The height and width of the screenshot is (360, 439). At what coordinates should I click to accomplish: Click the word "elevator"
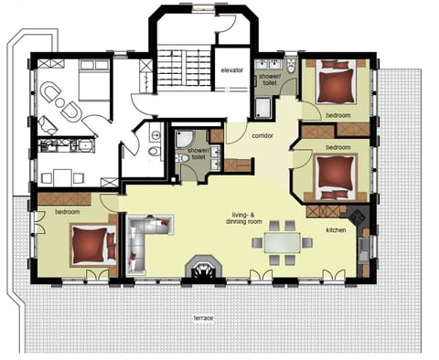tap(230, 71)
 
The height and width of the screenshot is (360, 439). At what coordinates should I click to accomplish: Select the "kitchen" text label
tap(337, 230)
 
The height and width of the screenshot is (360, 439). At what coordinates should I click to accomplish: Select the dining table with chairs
tap(282, 242)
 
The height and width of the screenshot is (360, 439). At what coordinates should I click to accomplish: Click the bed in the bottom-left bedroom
tap(89, 242)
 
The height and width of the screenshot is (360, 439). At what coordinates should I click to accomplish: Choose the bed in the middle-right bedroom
tap(332, 172)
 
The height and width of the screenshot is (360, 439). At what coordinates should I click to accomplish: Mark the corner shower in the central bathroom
tap(186, 137)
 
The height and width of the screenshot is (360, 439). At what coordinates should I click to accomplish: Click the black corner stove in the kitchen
tap(360, 217)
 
